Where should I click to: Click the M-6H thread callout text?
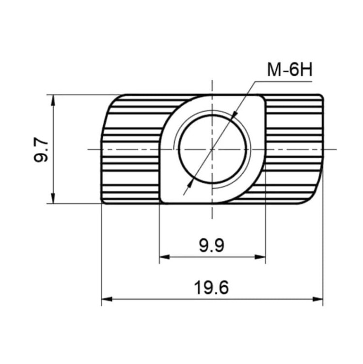coord(290,70)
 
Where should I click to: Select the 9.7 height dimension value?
coord(41,149)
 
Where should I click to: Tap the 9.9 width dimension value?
coord(212,246)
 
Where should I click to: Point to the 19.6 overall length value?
coord(211,288)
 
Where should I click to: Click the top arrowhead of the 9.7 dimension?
coord(53,100)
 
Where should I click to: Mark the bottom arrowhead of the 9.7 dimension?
coord(53,199)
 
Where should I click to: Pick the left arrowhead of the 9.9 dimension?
coord(165,257)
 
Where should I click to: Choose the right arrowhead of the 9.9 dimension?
coord(260,257)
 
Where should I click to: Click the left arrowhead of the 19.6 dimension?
coord(107,299)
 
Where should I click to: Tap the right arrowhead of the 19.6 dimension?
coord(317,299)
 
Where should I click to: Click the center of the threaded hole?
coord(212,149)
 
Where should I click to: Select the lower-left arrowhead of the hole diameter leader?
coord(189,184)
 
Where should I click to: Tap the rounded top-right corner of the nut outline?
coord(321,97)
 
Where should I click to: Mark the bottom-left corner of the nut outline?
coord(103,202)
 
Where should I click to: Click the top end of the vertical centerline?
coord(212,80)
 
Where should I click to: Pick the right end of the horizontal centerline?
coord(336,149)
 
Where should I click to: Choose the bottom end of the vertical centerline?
coord(212,218)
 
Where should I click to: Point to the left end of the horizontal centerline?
coord(88,149)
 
